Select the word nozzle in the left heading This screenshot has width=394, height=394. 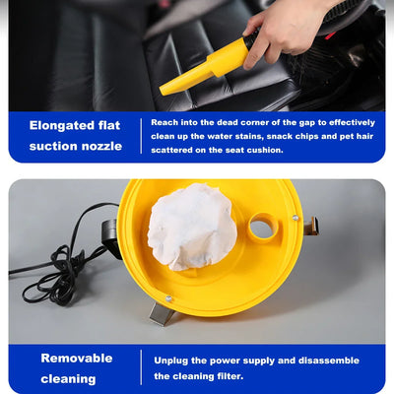[x=102, y=146]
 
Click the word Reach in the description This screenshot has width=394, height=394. [x=164, y=122]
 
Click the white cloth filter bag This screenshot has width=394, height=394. [x=192, y=227]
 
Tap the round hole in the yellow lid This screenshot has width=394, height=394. [x=262, y=229]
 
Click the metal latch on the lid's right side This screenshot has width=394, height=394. [x=311, y=228]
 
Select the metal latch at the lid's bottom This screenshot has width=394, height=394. [x=162, y=313]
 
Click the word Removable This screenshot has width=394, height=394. [x=77, y=358]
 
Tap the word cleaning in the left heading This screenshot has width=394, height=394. [x=68, y=379]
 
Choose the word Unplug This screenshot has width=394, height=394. [x=172, y=361]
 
